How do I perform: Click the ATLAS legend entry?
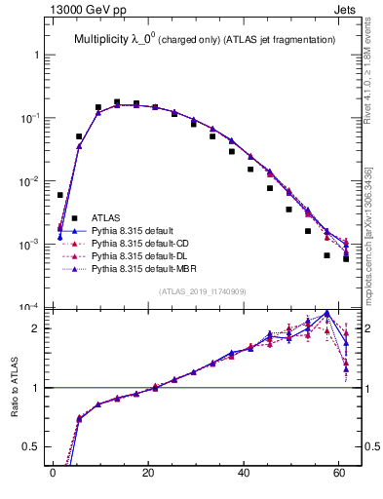pos(105,217)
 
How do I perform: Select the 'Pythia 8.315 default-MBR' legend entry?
pos(141,268)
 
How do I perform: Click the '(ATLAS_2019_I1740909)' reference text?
pos(203,291)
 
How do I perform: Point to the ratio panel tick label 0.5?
pos(33,448)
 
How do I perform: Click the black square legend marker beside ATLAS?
pos(74,217)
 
